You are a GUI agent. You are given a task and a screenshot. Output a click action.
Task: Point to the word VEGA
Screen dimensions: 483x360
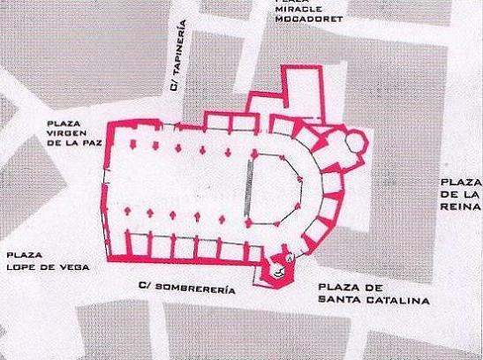pyautogui.click(x=74, y=266)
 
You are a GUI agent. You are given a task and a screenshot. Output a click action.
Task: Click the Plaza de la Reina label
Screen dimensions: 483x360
pyautogui.click(x=460, y=193)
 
